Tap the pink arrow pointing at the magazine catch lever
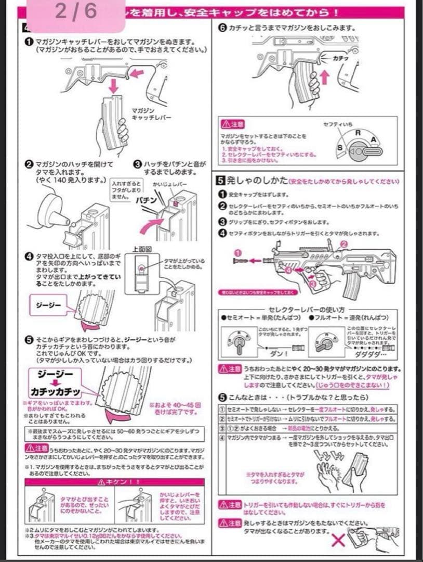[x=136, y=73]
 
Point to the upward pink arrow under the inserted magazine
[x=326, y=79]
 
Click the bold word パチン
[x=147, y=200]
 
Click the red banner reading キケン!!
[x=120, y=482]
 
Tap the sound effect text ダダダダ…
[x=368, y=353]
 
